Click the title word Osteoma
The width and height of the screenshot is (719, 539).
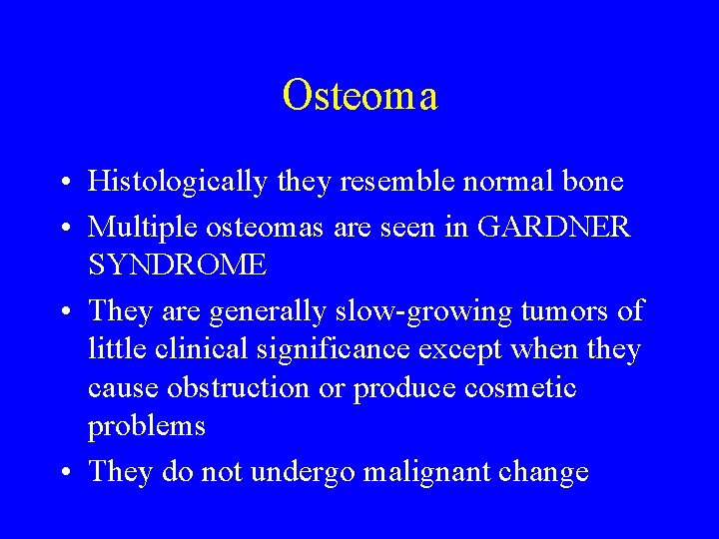tap(359, 96)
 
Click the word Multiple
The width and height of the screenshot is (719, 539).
tap(136, 227)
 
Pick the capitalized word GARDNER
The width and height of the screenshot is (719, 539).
tap(555, 227)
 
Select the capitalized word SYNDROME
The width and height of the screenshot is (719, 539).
tap(178, 265)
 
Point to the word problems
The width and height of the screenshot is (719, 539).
tap(147, 426)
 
